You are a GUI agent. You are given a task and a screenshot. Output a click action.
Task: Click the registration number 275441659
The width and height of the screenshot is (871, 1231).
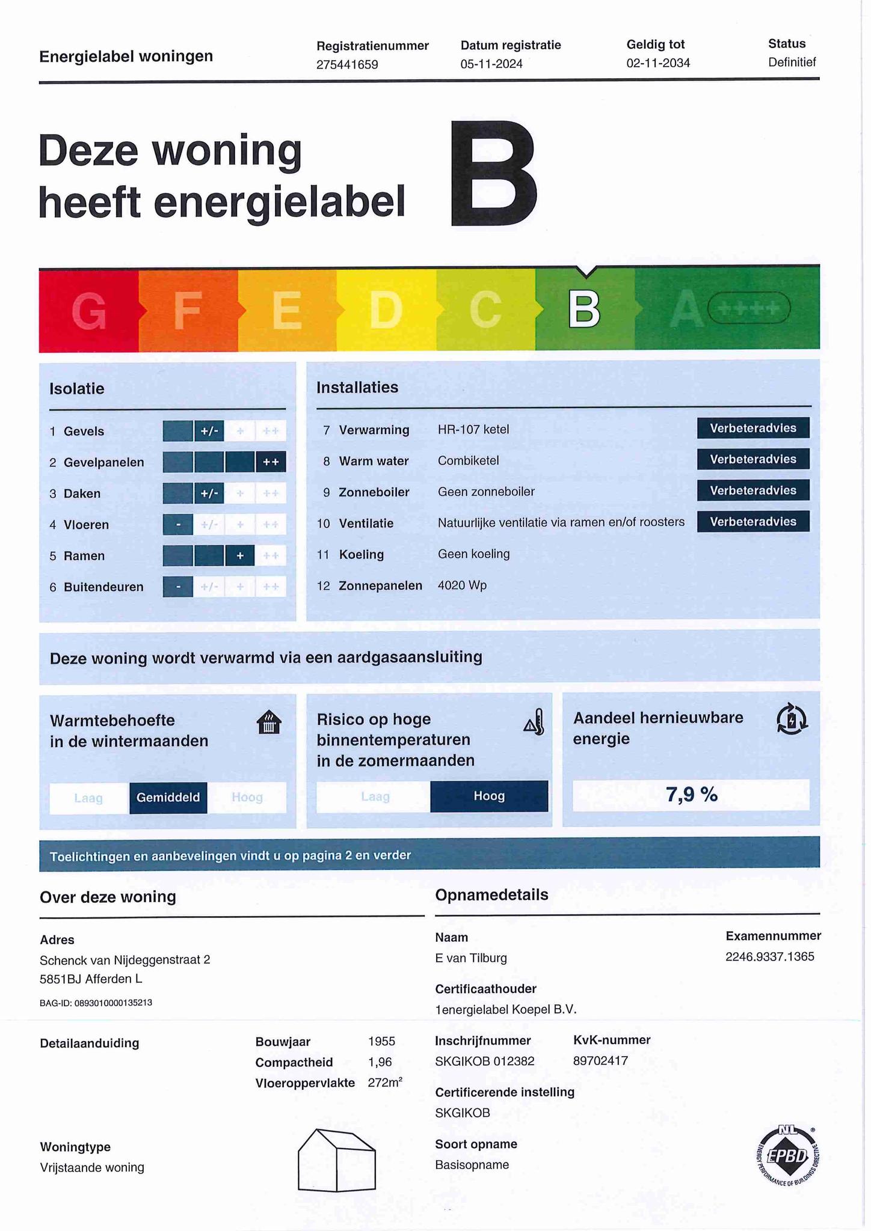pyautogui.click(x=347, y=64)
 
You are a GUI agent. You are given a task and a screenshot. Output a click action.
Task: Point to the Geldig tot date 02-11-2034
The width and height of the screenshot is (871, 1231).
pyautogui.click(x=658, y=63)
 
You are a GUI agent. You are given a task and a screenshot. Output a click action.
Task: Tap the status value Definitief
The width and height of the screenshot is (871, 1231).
pyautogui.click(x=792, y=62)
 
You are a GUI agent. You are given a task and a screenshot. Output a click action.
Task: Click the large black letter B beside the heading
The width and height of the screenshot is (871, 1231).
pyautogui.click(x=493, y=174)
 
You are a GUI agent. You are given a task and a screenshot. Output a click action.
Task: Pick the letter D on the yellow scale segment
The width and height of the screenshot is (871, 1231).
pyautogui.click(x=386, y=310)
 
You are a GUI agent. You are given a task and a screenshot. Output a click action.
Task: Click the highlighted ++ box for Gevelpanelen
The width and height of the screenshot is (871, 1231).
pyautogui.click(x=271, y=462)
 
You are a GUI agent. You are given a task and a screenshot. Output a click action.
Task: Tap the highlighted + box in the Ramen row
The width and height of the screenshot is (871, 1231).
pyautogui.click(x=240, y=556)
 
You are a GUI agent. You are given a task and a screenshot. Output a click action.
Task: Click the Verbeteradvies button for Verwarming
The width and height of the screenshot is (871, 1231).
pyautogui.click(x=753, y=428)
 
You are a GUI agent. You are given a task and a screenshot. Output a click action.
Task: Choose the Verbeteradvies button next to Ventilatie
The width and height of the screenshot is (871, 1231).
pyautogui.click(x=753, y=522)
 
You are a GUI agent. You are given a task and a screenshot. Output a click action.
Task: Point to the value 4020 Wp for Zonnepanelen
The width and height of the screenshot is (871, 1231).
pyautogui.click(x=462, y=585)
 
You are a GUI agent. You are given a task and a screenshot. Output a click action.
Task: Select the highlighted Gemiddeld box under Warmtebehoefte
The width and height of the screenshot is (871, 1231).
pyautogui.click(x=168, y=798)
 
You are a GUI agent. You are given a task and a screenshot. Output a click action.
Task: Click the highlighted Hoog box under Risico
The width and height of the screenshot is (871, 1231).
pyautogui.click(x=489, y=796)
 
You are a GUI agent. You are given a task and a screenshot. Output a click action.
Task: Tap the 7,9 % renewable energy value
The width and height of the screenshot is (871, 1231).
pyautogui.click(x=691, y=795)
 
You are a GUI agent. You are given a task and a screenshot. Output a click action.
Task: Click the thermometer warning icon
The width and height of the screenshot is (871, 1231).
pyautogui.click(x=535, y=722)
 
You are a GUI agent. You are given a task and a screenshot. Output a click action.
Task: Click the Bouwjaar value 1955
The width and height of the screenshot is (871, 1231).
pyautogui.click(x=381, y=1042)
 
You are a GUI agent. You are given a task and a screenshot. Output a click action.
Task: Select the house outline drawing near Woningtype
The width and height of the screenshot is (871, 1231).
pyautogui.click(x=337, y=1160)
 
